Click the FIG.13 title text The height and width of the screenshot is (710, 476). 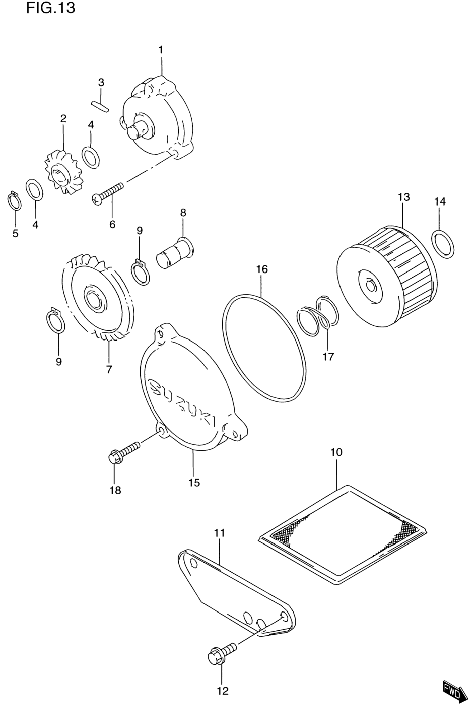click(50, 8)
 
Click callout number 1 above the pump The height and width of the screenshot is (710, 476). click(161, 50)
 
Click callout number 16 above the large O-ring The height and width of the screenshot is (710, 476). click(262, 269)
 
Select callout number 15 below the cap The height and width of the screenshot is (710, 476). click(194, 482)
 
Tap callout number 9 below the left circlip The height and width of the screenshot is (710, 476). click(59, 361)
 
